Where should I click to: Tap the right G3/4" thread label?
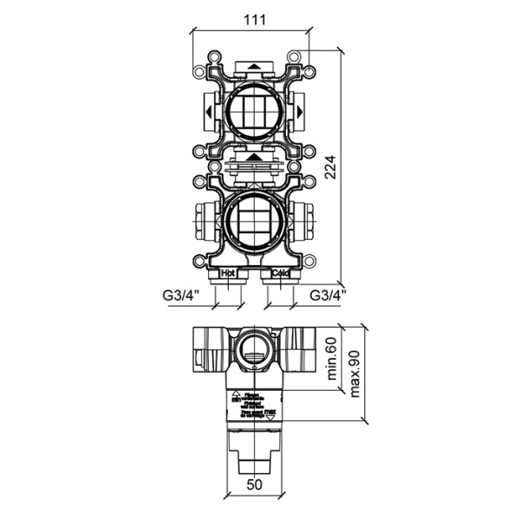(328, 295)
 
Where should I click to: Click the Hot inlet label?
(230, 273)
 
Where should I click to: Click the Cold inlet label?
(279, 273)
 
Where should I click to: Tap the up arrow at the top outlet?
(253, 66)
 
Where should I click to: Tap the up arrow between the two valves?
(253, 158)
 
